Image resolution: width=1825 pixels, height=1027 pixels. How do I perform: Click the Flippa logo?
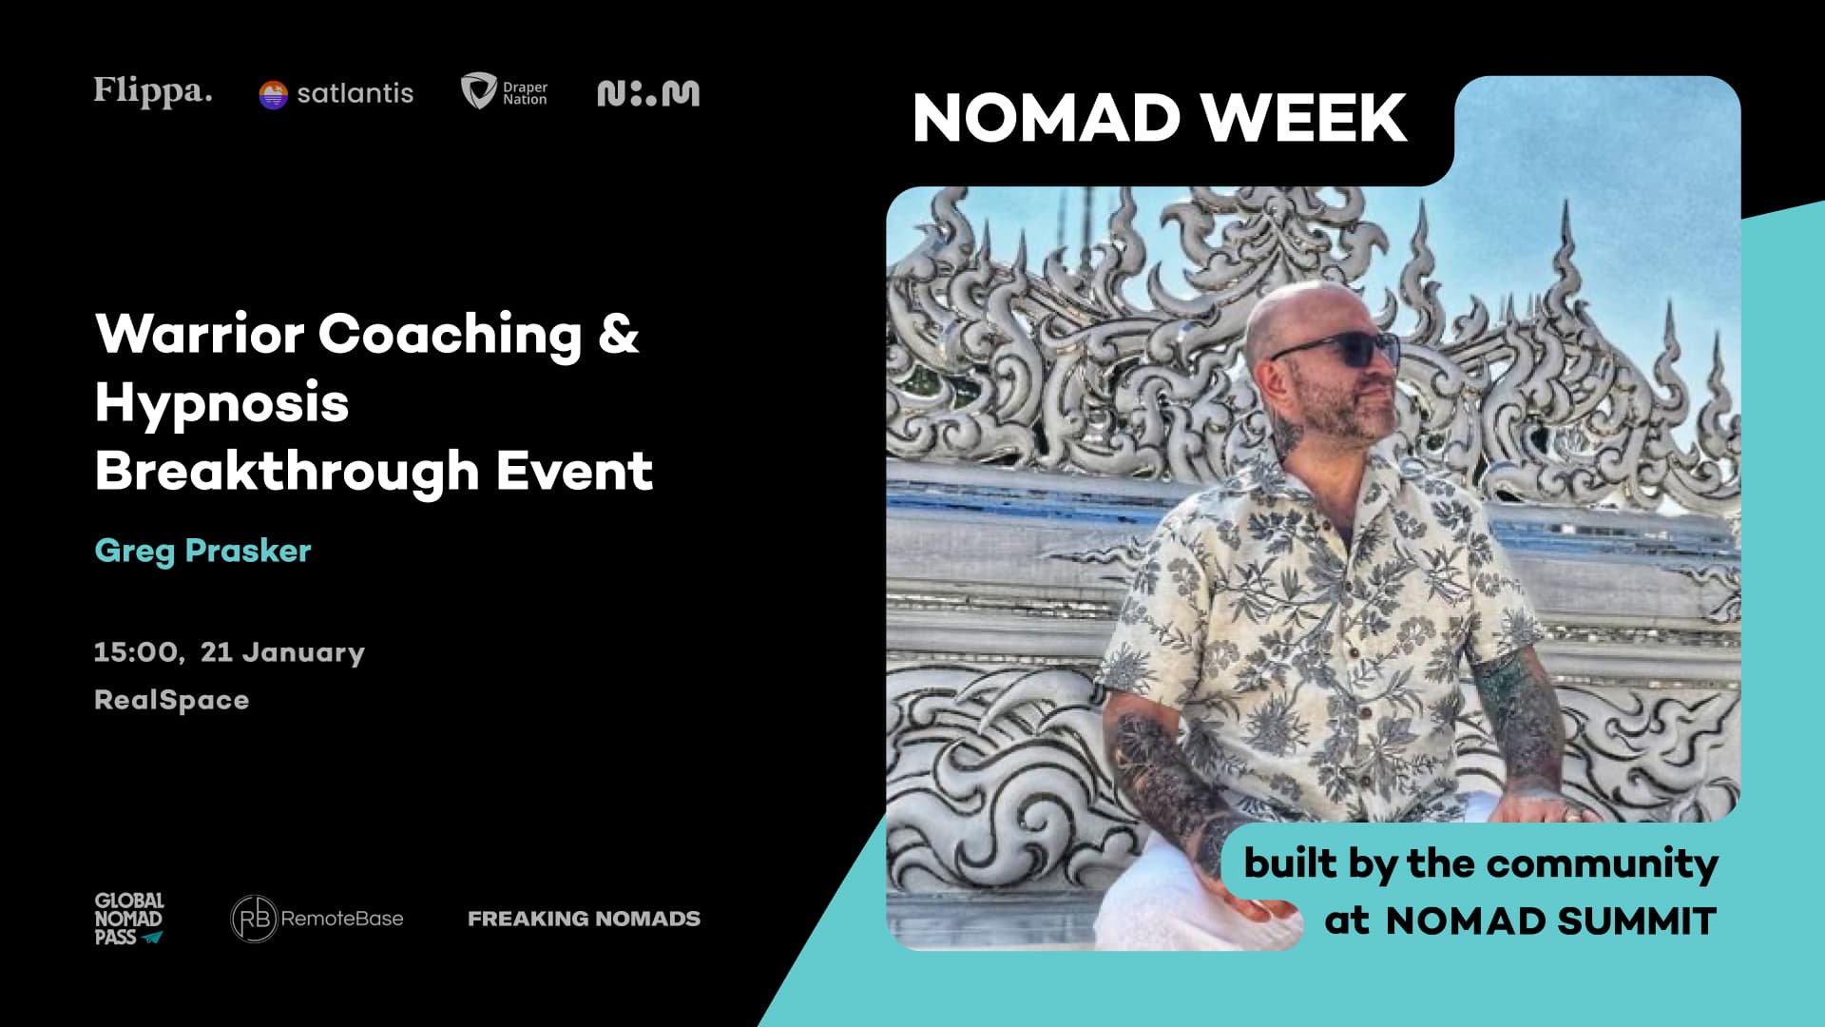point(153,91)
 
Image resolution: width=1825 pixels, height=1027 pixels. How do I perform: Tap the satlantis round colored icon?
point(273,94)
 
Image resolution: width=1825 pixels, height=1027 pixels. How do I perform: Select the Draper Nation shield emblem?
point(477,91)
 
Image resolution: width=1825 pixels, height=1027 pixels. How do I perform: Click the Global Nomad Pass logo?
point(129,919)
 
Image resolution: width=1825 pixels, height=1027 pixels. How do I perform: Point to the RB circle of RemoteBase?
point(254,919)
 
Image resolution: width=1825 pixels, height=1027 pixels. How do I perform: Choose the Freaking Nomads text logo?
point(584,919)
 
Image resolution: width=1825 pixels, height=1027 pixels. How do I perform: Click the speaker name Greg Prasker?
point(202,552)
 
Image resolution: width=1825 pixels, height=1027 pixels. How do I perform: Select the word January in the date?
point(303,653)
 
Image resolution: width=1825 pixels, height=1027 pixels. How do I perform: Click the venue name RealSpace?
point(171,701)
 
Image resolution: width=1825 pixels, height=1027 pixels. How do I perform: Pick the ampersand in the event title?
point(619,334)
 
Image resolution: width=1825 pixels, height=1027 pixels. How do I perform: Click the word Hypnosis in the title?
point(221,403)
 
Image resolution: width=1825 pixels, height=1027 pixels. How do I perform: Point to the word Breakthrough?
point(287,471)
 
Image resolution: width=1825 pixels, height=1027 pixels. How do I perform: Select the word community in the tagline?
point(1603,863)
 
